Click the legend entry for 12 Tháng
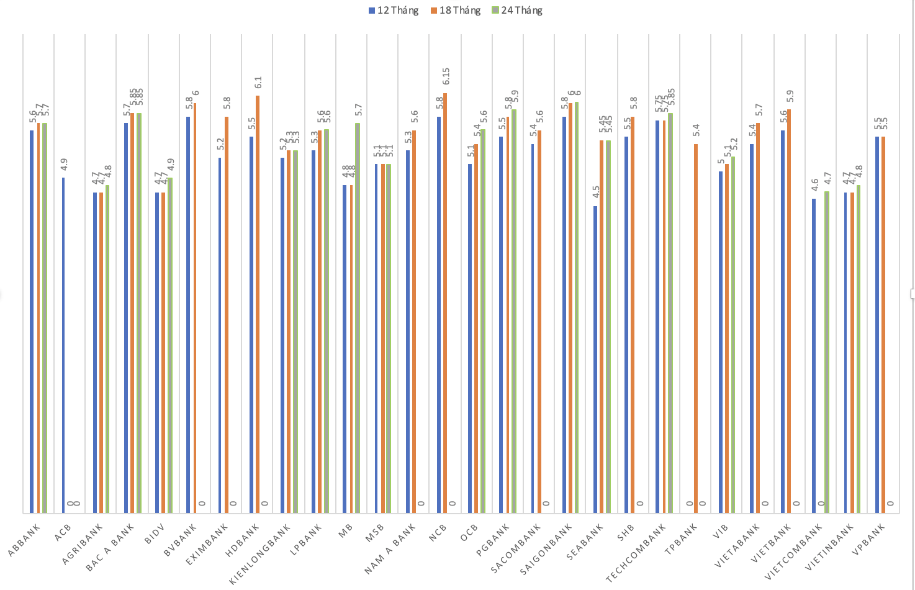point(393,11)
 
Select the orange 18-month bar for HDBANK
point(257,304)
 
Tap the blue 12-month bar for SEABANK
point(595,360)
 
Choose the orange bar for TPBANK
point(696,329)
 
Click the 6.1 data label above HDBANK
point(259,83)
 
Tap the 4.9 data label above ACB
point(65,165)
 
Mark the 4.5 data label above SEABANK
point(596,193)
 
